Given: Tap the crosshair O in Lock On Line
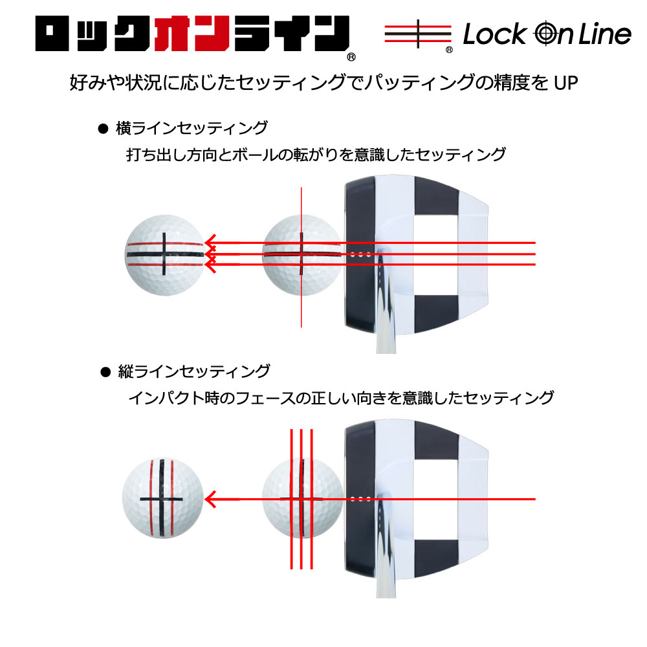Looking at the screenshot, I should pos(545,34).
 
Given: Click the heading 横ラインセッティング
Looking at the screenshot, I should pos(192,128).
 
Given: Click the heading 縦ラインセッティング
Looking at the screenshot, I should pos(193,371).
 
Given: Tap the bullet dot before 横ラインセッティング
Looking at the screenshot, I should pos(101,129).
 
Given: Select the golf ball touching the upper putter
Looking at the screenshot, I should pos(302,254).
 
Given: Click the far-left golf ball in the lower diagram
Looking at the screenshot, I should pos(162,498).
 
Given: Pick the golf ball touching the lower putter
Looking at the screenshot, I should pos(303,498).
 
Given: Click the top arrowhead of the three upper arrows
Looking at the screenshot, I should pos(210,244).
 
